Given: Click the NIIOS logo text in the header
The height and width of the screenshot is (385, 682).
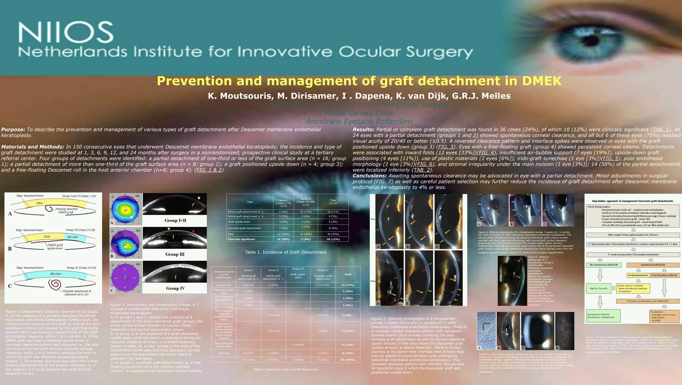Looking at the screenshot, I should point(66,32).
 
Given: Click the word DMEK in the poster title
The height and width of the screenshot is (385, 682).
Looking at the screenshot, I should point(541,81).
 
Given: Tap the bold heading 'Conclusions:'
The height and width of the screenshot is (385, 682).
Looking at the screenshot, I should point(370,176).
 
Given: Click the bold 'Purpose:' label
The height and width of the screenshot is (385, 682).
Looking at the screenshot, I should point(13,129).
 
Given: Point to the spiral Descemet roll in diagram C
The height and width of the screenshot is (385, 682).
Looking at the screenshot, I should point(55,285).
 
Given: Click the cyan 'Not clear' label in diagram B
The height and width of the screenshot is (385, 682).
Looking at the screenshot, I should point(73,237).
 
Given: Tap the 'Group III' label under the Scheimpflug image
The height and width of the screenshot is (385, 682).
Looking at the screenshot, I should point(175,254).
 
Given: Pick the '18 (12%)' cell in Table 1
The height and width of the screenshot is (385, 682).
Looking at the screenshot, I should point(333,239).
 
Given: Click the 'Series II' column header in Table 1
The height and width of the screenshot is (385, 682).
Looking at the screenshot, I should point(305,202).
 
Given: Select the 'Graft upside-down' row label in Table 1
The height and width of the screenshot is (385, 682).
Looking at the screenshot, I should point(239,222).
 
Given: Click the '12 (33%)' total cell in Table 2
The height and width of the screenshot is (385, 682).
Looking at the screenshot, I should point(348,285).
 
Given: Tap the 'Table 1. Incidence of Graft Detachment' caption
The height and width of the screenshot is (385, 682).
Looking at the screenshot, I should point(285,252).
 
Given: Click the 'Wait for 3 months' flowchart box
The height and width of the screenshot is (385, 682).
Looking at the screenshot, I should point(598,288).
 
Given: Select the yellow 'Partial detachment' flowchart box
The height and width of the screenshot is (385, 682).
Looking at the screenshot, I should point(638,275).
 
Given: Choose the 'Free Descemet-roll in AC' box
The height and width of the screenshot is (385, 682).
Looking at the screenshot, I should point(665,275).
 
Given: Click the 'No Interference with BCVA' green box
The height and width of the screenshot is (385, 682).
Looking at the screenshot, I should point(603,265).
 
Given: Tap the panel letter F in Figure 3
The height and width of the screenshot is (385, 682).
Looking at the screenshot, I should point(437,303).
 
